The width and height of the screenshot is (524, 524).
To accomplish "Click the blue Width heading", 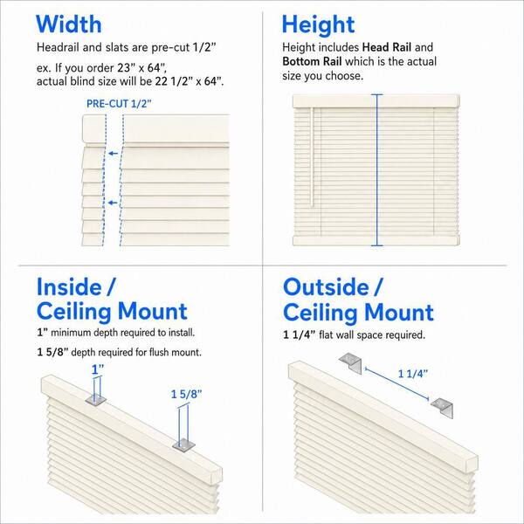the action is [x=68, y=24].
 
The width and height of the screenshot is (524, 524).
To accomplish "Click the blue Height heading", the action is [x=318, y=24].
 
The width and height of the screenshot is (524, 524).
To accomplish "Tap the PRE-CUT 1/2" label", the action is [x=119, y=104].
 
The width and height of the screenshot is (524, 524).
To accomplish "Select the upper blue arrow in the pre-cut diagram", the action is [x=114, y=154].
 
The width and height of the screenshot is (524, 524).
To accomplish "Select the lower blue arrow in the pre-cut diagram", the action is [x=113, y=203].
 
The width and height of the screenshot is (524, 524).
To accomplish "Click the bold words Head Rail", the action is [x=387, y=47].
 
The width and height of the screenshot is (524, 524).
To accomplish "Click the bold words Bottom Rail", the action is [x=312, y=61].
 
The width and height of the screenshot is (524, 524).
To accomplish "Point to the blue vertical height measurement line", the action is [x=377, y=170].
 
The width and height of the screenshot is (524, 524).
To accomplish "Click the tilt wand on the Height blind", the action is [x=312, y=156].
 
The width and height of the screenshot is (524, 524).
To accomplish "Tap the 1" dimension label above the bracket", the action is [x=98, y=369].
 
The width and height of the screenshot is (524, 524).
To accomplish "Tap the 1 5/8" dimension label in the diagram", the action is [x=187, y=395].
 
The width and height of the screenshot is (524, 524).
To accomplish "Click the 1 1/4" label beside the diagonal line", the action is [x=413, y=374].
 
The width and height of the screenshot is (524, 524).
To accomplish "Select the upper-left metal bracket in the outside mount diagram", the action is [x=350, y=364].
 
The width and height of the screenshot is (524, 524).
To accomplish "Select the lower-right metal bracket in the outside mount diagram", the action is [x=442, y=408].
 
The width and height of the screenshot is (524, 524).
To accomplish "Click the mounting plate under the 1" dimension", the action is [x=96, y=399].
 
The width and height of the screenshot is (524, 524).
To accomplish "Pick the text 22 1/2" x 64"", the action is [x=190, y=81].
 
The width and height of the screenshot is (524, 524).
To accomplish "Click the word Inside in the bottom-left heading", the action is [x=69, y=287].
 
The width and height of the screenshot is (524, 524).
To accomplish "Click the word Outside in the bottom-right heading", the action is [x=326, y=287].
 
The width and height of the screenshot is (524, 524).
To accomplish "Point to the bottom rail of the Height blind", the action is [x=376, y=241].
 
